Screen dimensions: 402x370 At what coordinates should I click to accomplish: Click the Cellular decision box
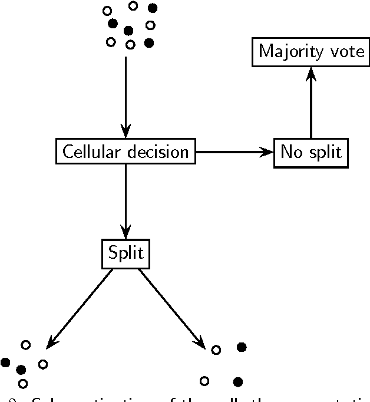125,152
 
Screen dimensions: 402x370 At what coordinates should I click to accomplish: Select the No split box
310,152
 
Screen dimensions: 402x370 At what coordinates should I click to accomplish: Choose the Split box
125,254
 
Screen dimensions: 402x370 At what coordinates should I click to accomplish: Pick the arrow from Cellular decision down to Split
125,200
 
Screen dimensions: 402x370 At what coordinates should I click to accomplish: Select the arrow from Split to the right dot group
171,308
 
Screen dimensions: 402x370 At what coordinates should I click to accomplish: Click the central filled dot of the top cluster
128,30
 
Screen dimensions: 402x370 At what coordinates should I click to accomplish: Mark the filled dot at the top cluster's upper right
153,8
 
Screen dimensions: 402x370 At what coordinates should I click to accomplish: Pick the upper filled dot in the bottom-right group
241,347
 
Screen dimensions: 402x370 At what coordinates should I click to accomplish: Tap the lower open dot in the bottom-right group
204,380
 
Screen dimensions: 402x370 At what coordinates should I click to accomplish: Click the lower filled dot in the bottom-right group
238,382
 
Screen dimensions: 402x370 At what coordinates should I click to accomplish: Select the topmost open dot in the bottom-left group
25,344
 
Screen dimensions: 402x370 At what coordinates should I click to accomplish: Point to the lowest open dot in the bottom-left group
23,384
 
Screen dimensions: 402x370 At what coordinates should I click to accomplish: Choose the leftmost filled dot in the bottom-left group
5,362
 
